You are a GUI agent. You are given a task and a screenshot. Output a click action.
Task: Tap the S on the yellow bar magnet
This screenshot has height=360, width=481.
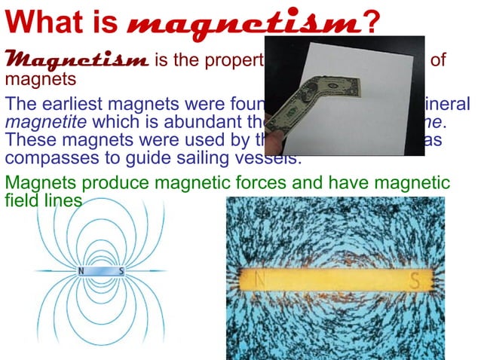(414, 280)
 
